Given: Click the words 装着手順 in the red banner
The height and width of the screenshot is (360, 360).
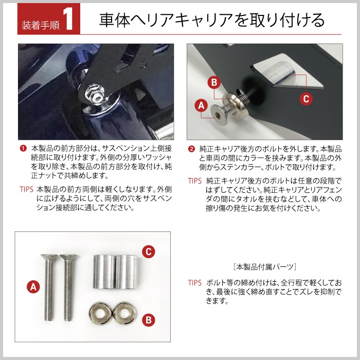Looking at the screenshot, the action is tap(41, 25).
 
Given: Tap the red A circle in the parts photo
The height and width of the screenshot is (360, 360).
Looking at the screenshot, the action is tap(33, 287).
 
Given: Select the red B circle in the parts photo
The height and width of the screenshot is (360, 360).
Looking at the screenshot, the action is tap(149, 320).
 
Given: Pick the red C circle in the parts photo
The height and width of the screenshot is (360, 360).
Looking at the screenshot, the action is tap(149, 251).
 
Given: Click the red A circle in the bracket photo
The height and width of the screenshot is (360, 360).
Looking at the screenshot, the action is tap(201, 105).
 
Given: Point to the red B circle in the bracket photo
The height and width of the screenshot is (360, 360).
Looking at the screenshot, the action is tap(214, 82).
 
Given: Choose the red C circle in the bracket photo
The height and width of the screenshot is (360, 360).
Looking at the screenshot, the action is tap(306, 99).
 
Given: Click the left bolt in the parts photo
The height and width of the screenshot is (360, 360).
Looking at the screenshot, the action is tap(49, 287).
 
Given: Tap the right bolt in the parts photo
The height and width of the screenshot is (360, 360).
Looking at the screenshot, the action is tap(68, 287).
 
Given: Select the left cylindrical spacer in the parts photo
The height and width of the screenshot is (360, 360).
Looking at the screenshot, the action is tap(104, 272).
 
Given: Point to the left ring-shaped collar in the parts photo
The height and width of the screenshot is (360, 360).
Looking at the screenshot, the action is tap(101, 313).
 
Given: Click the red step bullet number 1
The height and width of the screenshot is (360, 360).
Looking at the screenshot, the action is tap(23, 148).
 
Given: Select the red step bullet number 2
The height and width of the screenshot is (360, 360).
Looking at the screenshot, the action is tap(191, 149).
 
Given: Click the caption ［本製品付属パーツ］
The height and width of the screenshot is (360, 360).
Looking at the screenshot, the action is tap(264, 267).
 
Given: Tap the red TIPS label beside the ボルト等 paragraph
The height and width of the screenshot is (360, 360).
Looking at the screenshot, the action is tap(195, 283).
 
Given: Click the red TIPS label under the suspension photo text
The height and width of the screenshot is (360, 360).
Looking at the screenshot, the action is tap(26, 189).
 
